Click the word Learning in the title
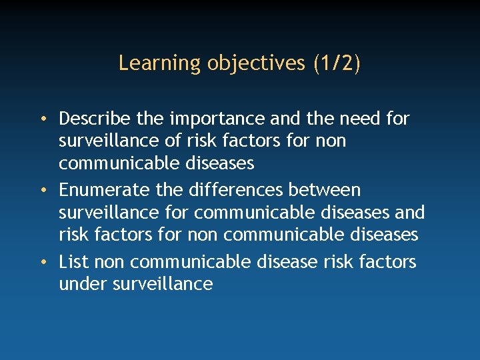click(x=151, y=63)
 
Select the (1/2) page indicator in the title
click(x=337, y=63)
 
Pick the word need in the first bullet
click(x=361, y=119)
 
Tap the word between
click(x=324, y=190)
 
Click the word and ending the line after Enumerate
click(x=409, y=213)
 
